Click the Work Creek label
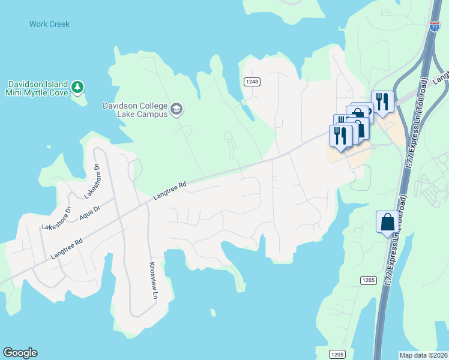pyautogui.click(x=49, y=25)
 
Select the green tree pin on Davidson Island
pyautogui.click(x=77, y=88)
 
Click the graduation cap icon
pyautogui.click(x=176, y=109)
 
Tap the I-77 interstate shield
pyautogui.click(x=435, y=26)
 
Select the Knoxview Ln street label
pyautogui.click(x=154, y=281)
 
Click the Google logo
pyautogui.click(x=20, y=353)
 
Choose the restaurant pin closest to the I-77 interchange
pyautogui.click(x=382, y=101)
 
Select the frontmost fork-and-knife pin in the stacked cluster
pyautogui.click(x=340, y=136)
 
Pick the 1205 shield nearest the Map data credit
pyautogui.click(x=337, y=354)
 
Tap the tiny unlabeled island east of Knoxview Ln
pyautogui.click(x=212, y=312)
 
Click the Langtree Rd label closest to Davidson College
pyautogui.click(x=170, y=191)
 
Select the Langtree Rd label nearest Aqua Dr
pyautogui.click(x=67, y=248)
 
